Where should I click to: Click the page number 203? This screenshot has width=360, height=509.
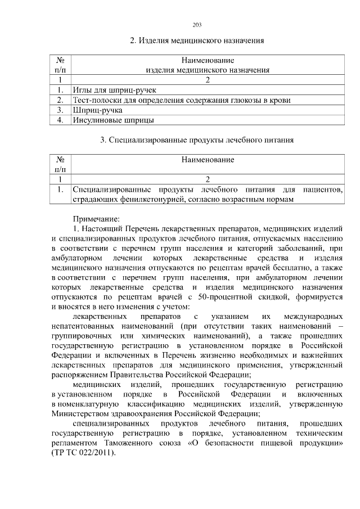click(197, 25)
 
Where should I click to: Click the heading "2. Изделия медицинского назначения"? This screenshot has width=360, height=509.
click(197, 40)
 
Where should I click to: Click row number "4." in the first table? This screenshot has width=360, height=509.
click(60, 120)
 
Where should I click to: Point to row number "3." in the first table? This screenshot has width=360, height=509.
click(60, 110)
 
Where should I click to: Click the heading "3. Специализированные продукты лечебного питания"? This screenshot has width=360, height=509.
click(197, 139)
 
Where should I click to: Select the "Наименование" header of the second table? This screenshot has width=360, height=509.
click(208, 160)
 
